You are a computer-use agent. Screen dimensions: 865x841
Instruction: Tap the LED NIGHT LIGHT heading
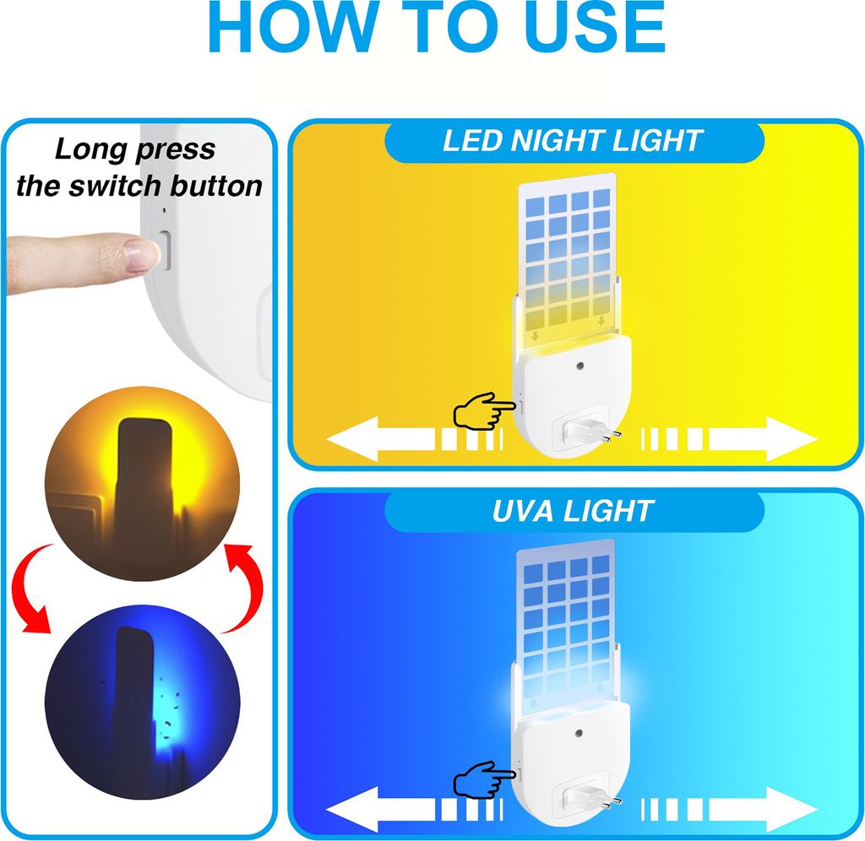tap(574, 141)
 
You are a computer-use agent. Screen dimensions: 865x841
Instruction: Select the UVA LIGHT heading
tap(574, 511)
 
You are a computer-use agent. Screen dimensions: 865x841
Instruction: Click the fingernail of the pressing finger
tap(140, 255)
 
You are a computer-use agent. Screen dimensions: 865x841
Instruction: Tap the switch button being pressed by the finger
tap(165, 251)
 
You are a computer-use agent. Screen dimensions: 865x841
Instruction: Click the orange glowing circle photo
tap(142, 484)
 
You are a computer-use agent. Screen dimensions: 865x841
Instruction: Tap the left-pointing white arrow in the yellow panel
tap(414, 439)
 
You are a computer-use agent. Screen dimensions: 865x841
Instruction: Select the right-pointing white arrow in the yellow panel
tap(729, 439)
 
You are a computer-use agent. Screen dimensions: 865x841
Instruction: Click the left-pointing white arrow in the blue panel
tap(414, 810)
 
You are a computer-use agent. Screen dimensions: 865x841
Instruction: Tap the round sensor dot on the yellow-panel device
tap(579, 366)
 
